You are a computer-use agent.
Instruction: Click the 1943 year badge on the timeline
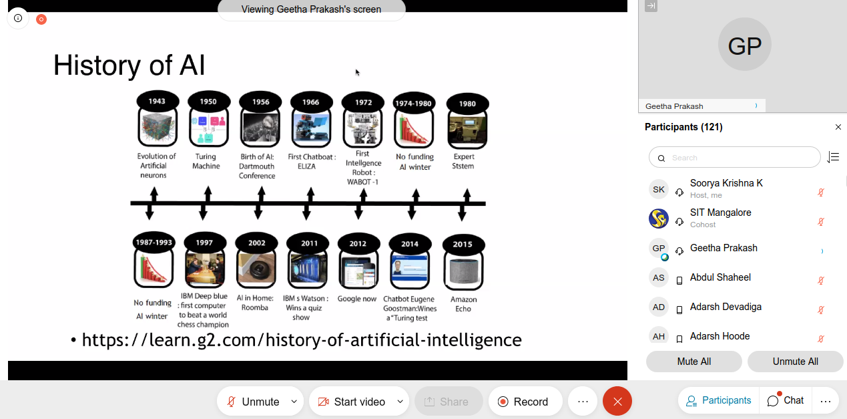(x=157, y=101)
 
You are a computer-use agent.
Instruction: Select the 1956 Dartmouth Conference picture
(x=260, y=128)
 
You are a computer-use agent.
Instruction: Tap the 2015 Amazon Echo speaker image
(x=464, y=271)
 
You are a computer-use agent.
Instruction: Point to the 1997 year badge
(x=204, y=243)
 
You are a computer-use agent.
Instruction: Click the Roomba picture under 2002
(x=256, y=269)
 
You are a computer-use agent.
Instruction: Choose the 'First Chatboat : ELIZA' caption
(x=312, y=162)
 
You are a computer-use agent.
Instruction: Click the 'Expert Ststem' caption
(x=463, y=161)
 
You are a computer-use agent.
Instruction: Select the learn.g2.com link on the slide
(x=302, y=339)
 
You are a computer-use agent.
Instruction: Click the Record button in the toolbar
(x=525, y=401)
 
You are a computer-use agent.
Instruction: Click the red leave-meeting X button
(x=617, y=401)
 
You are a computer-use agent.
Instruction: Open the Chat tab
(x=786, y=400)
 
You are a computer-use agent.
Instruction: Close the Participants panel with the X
(x=838, y=127)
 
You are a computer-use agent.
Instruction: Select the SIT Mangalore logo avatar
(x=659, y=219)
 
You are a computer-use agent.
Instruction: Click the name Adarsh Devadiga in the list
(x=726, y=307)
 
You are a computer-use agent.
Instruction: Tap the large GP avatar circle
(x=744, y=45)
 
